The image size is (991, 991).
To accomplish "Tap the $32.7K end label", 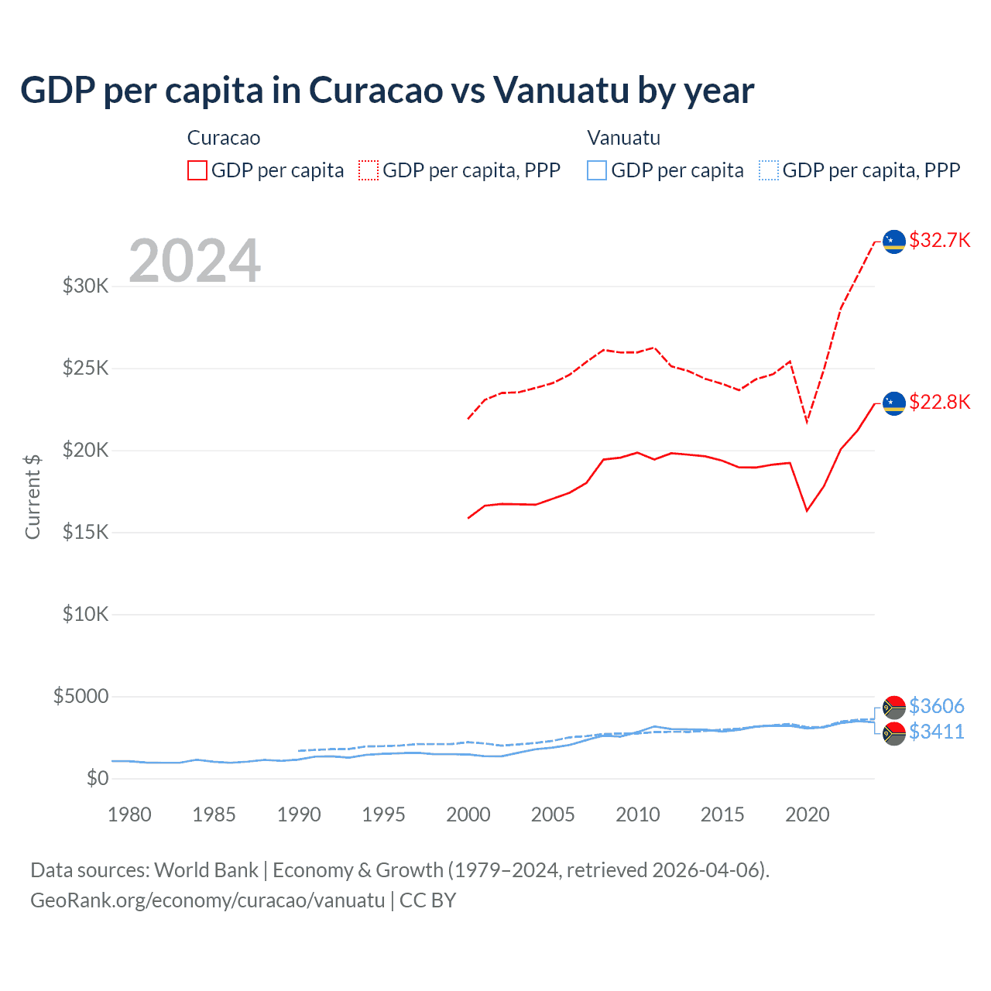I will [939, 240].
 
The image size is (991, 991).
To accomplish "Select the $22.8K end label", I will [939, 402].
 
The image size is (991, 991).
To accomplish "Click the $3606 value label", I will [936, 706].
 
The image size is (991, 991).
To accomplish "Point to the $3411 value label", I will [936, 732].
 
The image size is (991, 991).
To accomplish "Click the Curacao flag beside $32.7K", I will [894, 242].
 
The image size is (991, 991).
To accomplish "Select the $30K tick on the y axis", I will [86, 286].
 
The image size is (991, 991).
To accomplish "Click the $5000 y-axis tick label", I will [81, 696].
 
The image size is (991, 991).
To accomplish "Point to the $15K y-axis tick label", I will [86, 532].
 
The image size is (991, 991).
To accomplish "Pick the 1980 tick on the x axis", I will [129, 814].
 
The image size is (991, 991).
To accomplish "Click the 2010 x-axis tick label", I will [638, 814].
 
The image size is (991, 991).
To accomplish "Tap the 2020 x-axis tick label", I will [808, 814].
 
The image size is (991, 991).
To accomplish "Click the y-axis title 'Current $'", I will [33, 497].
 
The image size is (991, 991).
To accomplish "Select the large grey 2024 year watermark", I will [194, 261].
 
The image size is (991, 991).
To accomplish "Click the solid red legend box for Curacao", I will [197, 170].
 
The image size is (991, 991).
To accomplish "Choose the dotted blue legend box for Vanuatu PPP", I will [769, 170].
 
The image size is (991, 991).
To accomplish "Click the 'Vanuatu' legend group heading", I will [624, 138].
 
